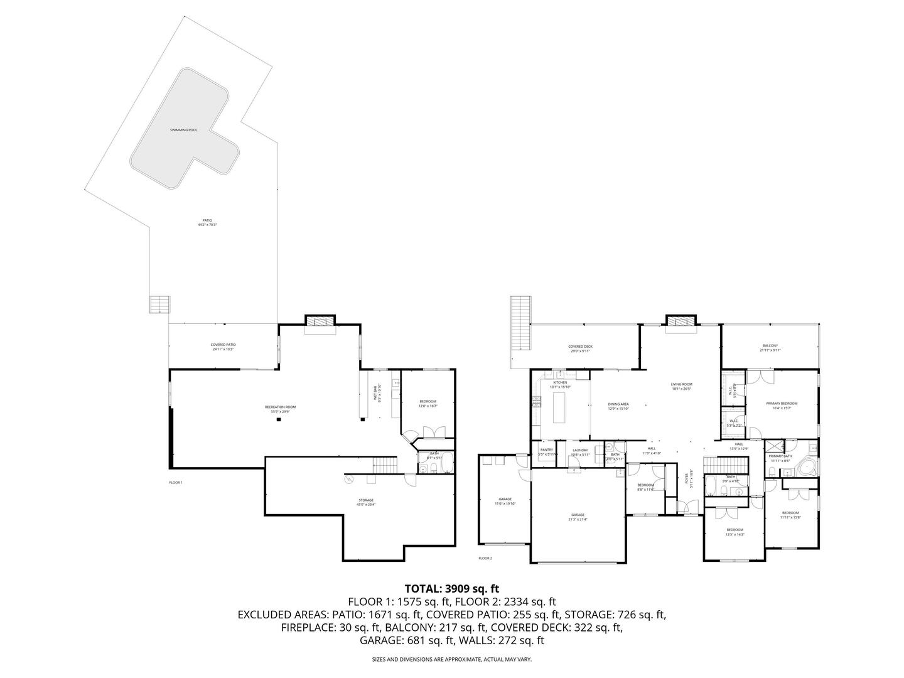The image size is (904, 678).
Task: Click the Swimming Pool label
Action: [x=183, y=130]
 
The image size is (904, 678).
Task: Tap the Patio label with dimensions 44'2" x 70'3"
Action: [x=207, y=222]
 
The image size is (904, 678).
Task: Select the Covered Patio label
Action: [x=223, y=347]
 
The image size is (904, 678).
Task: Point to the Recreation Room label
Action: [x=280, y=409]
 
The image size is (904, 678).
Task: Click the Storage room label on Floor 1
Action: [x=366, y=502]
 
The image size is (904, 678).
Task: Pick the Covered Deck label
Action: [x=580, y=348]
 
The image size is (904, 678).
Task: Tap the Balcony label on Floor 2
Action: [x=770, y=348]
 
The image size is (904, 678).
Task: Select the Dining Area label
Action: [x=618, y=406]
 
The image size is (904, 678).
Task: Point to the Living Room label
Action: [x=681, y=386]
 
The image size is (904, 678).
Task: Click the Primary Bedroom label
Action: [x=782, y=405]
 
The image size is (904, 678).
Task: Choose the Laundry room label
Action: [x=579, y=451]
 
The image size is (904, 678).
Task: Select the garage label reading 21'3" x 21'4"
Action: [x=578, y=517]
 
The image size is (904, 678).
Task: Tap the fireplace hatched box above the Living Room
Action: [x=681, y=321]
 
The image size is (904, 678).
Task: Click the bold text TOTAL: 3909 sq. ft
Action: [x=452, y=589]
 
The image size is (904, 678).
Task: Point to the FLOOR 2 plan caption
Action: [x=485, y=558]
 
